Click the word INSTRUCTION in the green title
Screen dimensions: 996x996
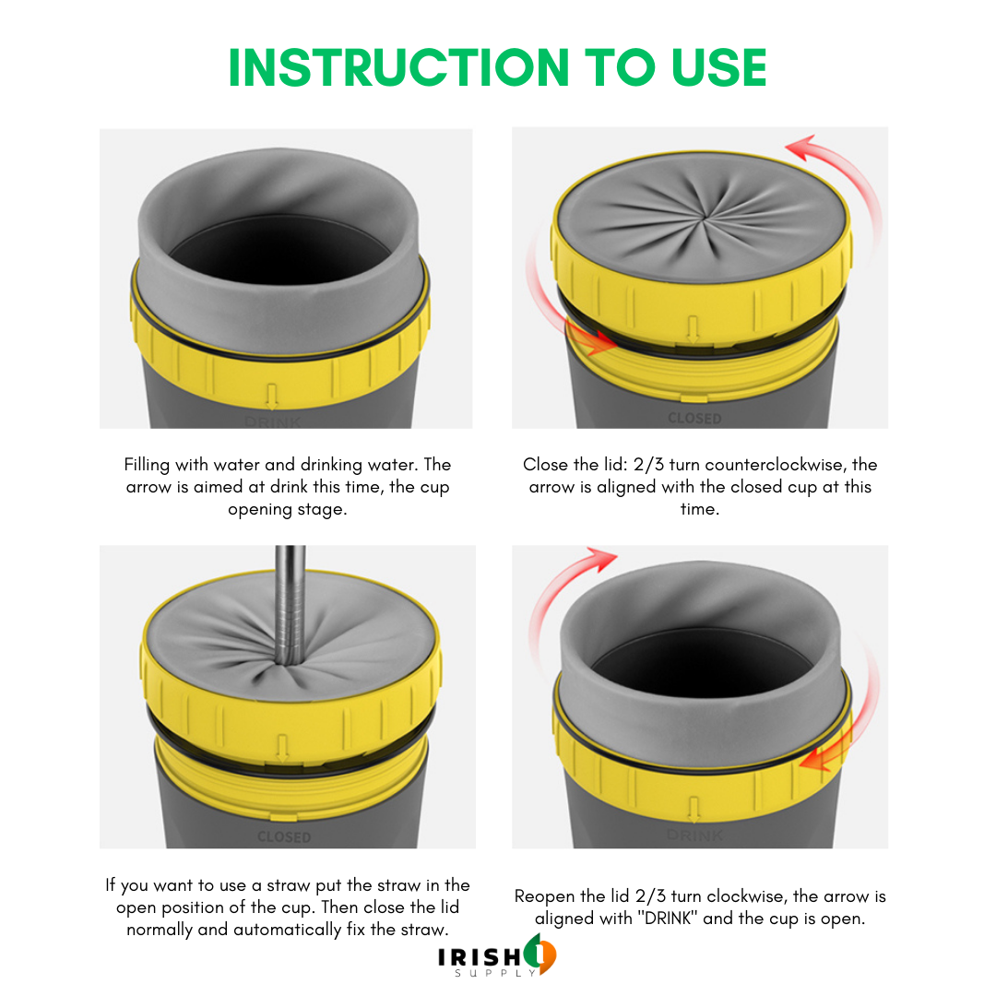[399, 67]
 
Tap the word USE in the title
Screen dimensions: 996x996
[719, 67]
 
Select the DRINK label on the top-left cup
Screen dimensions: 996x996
[273, 421]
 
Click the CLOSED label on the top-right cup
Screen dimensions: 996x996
[694, 419]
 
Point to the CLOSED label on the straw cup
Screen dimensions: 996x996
[284, 837]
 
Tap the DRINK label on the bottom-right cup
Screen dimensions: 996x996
[694, 836]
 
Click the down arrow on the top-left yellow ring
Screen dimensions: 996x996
[272, 397]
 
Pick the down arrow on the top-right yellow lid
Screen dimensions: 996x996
[693, 329]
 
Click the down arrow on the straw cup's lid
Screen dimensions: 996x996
[283, 748]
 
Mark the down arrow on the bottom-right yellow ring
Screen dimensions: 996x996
[694, 811]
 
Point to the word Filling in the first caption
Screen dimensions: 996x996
[147, 465]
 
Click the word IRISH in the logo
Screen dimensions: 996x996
[480, 956]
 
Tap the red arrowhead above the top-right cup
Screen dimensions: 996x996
[801, 148]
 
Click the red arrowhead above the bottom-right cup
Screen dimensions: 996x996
[601, 558]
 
